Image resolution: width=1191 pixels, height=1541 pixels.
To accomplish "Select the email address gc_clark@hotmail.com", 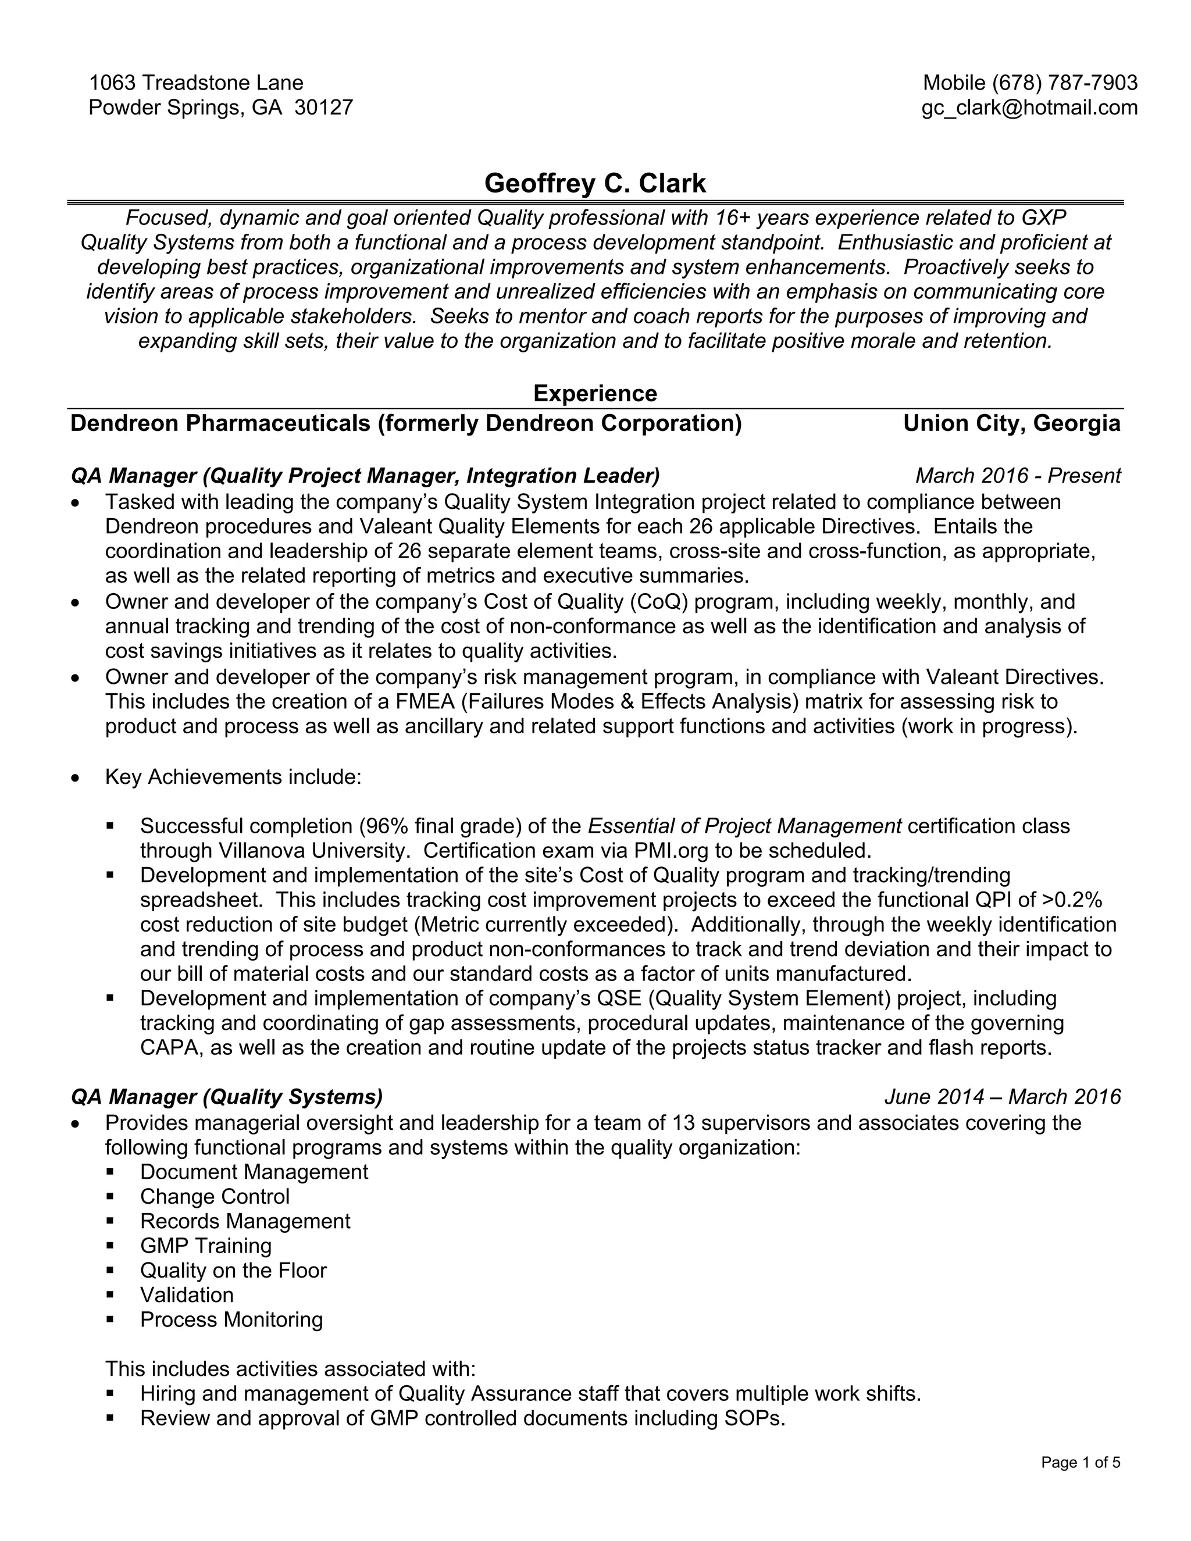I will click(1029, 108).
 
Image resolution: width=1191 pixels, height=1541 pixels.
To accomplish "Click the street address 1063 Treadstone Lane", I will click(196, 83).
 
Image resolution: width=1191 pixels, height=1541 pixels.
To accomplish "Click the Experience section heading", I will click(595, 393).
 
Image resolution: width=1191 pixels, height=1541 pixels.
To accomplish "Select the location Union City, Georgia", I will click(1012, 423).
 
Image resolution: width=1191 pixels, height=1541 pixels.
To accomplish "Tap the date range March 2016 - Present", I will click(1018, 476).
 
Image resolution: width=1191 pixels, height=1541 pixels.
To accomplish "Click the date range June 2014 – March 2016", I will click(1002, 1097).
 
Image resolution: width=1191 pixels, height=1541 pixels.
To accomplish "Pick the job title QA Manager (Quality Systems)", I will click(227, 1097).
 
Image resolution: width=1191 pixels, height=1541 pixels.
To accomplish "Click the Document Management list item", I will click(254, 1172).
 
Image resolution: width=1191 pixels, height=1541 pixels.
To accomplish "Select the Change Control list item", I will click(215, 1197).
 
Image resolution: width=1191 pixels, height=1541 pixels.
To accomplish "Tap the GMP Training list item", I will click(205, 1246).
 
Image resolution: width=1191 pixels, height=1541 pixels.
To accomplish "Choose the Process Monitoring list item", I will click(231, 1320).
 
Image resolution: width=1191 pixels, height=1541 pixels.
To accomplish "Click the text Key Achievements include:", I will click(233, 777).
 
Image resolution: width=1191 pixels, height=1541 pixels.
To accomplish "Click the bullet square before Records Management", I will click(110, 1221).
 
